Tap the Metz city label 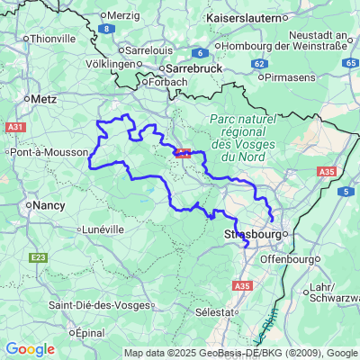point(43,98)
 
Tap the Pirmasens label point(293,76)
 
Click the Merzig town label point(124,15)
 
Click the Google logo point(30,349)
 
